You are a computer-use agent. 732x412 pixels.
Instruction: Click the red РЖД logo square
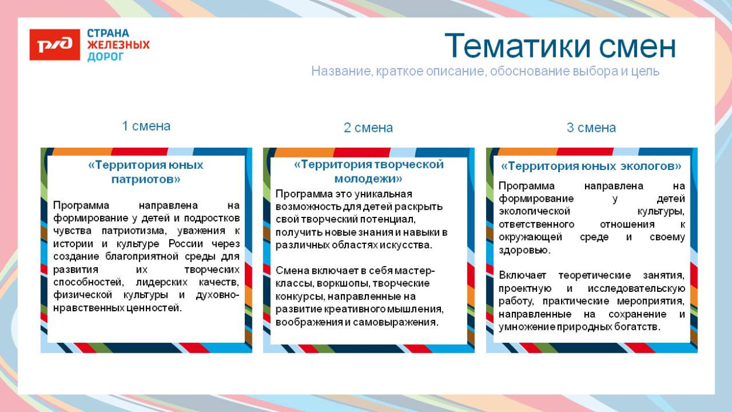click(54, 45)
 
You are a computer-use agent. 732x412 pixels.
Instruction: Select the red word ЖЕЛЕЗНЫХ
click(118, 45)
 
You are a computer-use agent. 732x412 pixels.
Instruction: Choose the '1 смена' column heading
click(146, 126)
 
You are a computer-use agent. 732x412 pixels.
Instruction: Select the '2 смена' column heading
click(368, 128)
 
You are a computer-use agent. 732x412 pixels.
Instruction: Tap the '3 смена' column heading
click(591, 128)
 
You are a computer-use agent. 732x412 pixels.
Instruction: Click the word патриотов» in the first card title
click(146, 179)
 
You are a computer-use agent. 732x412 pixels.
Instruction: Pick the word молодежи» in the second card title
click(368, 178)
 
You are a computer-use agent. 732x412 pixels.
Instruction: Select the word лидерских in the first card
click(159, 282)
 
